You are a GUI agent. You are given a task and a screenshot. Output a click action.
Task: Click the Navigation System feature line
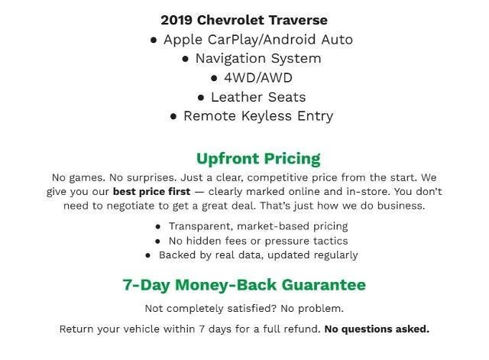click(x=257, y=58)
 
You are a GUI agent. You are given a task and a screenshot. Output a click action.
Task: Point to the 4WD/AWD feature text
click(x=258, y=77)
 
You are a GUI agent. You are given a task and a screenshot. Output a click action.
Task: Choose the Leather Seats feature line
click(x=258, y=97)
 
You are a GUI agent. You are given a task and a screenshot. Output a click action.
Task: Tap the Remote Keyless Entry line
click(x=258, y=116)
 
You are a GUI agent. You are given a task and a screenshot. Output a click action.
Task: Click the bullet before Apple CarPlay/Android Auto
click(x=154, y=39)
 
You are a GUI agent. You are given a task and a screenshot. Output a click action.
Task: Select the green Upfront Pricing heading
click(x=258, y=158)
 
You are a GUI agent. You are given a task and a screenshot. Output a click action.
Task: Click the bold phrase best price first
click(x=151, y=191)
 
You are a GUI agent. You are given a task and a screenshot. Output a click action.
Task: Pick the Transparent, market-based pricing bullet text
click(x=258, y=226)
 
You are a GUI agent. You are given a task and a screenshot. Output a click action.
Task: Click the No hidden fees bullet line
click(x=258, y=240)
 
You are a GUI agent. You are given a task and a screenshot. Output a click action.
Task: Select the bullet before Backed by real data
click(x=149, y=255)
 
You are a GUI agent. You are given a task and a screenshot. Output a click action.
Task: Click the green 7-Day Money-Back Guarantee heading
click(x=244, y=284)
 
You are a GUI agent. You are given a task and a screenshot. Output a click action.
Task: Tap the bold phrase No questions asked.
click(x=377, y=329)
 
